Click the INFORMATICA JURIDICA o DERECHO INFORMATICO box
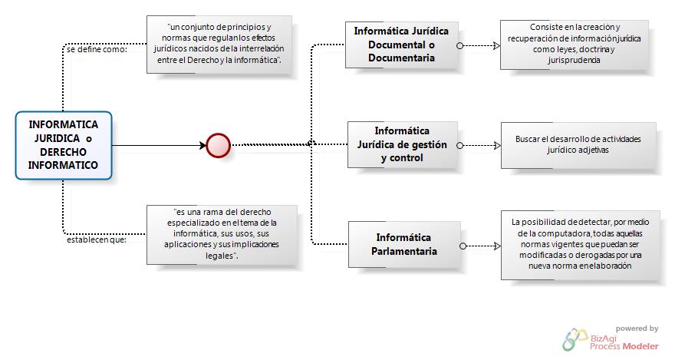pyautogui.click(x=63, y=144)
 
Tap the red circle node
pyautogui.click(x=218, y=144)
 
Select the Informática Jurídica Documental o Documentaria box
pyautogui.click(x=401, y=45)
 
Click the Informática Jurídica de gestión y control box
pyautogui.click(x=402, y=144)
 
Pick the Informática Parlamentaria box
pyautogui.click(x=402, y=244)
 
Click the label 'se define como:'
pyautogui.click(x=97, y=50)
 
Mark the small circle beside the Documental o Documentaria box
pyautogui.click(x=459, y=45)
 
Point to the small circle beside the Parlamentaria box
pyautogui.click(x=462, y=245)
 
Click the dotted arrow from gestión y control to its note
pyautogui.click(x=479, y=144)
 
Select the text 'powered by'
pyautogui.click(x=637, y=328)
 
